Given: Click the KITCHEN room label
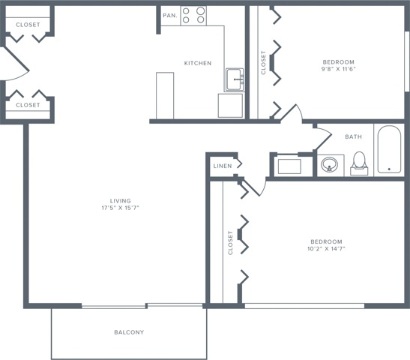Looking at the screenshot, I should pos(198,63).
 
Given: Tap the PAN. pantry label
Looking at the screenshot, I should pos(169,15).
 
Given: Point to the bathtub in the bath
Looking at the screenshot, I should pos(388,149).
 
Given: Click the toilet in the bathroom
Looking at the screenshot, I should pos(359,163).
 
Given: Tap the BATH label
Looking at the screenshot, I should pos(354,136).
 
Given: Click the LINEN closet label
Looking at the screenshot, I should pos(222,166).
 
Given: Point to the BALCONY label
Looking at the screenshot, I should pos(129,332).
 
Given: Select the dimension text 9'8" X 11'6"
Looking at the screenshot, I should pos(338,69).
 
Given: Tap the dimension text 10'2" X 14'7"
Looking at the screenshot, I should pos(327,248).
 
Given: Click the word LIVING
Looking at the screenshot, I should pos(120,200).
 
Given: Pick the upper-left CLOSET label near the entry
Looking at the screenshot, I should pos(28,24).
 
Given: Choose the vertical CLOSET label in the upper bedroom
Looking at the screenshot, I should pos(263,61).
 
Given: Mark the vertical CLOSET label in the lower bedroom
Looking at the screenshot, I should pos(230,242).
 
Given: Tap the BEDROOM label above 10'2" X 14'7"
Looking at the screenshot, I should pos(327,241).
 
